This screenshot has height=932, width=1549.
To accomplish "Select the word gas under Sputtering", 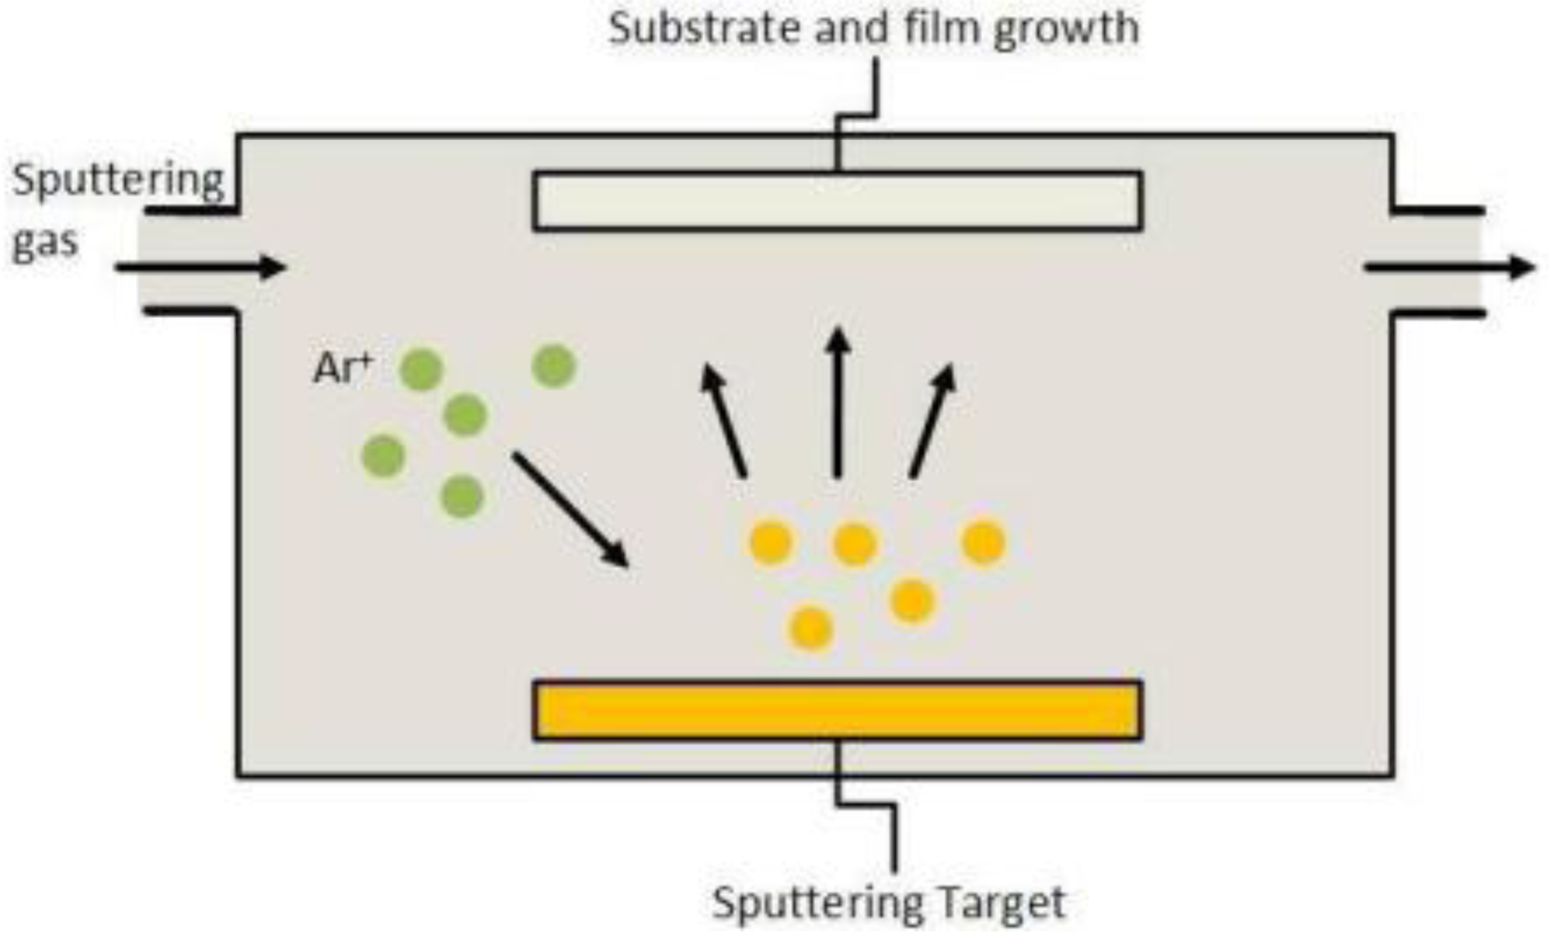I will [44, 242].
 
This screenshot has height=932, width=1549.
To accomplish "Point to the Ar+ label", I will [341, 368].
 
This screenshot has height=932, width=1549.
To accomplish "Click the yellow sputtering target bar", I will [837, 710].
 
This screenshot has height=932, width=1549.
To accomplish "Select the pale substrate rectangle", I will [837, 200].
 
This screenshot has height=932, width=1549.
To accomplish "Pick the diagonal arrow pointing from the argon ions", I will [570, 509].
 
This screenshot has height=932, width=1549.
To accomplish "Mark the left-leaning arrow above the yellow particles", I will [724, 420].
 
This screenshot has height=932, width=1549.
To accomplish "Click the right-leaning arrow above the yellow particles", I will [933, 420].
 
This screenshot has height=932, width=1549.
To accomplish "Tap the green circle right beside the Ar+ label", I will [421, 369].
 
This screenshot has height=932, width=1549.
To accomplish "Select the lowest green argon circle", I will [462, 496].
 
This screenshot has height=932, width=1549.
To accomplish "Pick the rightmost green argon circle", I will [554, 365].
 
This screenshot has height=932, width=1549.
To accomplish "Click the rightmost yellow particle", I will [983, 543].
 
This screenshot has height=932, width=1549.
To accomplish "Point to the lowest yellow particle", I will [810, 627].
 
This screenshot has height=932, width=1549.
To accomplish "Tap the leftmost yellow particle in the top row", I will [771, 543].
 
